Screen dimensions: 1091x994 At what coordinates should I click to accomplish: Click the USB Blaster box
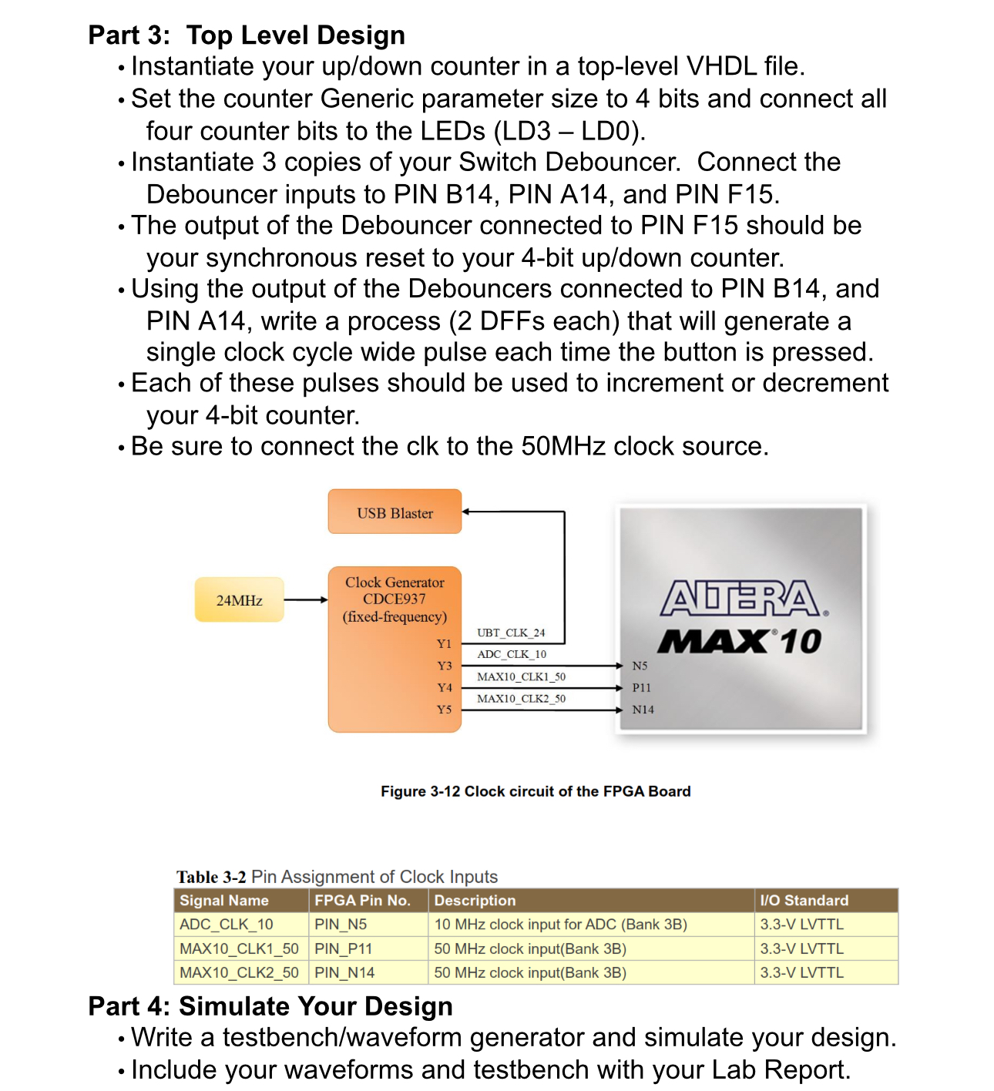click(395, 512)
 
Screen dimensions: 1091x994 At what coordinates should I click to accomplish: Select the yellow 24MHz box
click(239, 600)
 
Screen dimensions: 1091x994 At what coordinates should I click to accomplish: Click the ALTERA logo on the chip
click(742, 599)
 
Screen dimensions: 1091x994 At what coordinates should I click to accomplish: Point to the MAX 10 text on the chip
click(739, 641)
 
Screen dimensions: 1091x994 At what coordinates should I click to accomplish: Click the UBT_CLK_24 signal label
click(510, 633)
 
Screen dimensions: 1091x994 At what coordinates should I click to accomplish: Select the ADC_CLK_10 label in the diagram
click(511, 654)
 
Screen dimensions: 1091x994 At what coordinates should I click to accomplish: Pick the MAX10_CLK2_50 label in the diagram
click(521, 698)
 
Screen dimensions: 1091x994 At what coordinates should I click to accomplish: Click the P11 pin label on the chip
click(641, 687)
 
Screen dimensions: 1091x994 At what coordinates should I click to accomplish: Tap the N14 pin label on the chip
click(643, 710)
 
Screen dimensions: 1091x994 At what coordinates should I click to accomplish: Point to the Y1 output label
click(444, 643)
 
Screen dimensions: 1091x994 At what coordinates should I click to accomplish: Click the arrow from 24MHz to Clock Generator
click(306, 599)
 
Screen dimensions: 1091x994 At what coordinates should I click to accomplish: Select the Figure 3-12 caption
click(536, 791)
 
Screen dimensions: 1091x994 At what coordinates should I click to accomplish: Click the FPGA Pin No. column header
click(362, 900)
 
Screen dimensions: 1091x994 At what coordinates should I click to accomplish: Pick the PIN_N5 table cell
click(341, 924)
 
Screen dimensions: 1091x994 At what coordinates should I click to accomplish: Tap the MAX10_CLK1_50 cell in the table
click(239, 948)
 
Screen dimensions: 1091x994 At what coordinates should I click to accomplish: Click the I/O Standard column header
click(804, 900)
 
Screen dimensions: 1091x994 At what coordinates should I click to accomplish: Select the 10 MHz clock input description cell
click(560, 924)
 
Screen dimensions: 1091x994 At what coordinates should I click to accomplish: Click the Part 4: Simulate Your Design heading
click(270, 1006)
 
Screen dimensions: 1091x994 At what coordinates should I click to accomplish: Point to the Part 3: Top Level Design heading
click(247, 35)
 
